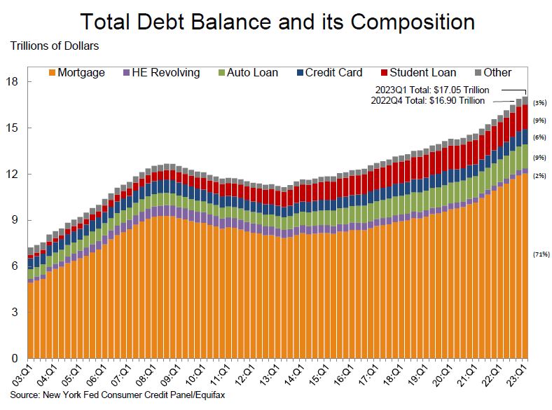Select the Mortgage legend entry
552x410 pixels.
point(77,72)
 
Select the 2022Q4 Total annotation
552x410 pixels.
point(427,101)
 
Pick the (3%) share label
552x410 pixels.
point(539,103)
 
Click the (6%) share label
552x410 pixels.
point(539,137)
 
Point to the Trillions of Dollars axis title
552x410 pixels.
point(54,47)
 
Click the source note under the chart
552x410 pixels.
point(117,395)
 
